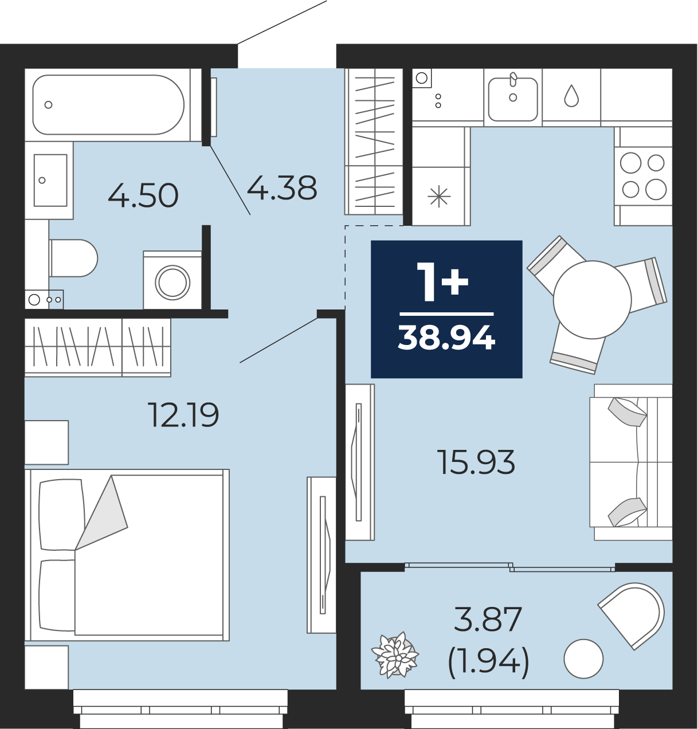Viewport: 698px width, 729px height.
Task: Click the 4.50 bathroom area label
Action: click(x=143, y=195)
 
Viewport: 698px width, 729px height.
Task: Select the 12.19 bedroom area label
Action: click(x=183, y=415)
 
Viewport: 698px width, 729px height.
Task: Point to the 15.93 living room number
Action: click(x=476, y=463)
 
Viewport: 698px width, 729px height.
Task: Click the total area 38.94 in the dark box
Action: click(x=446, y=338)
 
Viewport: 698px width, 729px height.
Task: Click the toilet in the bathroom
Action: click(x=73, y=258)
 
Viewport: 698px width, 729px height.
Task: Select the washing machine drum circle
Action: click(x=172, y=283)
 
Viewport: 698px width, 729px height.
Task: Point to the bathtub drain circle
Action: click(x=48, y=105)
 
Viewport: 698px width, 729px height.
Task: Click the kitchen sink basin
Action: click(x=513, y=99)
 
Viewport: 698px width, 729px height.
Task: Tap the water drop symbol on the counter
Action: click(x=571, y=96)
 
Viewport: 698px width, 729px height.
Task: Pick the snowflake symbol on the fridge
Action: click(x=439, y=197)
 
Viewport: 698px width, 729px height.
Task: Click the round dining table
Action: click(x=593, y=300)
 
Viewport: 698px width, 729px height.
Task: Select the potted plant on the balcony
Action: click(x=395, y=654)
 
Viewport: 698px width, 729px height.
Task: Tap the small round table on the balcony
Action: click(x=583, y=659)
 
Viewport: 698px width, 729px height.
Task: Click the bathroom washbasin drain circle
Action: click(x=42, y=181)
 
